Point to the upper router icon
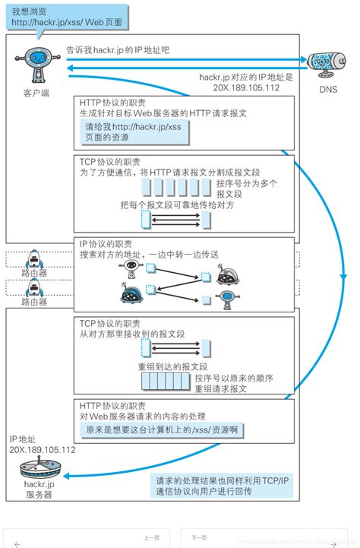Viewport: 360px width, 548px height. (x=33, y=260)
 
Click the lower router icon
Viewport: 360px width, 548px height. (x=33, y=287)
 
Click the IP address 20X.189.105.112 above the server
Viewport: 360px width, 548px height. (x=43, y=450)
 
